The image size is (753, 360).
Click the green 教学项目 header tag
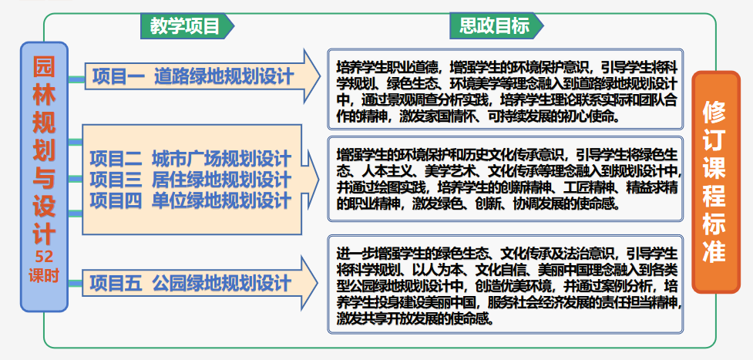(185, 26)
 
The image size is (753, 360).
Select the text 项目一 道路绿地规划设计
(193, 76)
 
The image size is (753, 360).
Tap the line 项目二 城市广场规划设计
(190, 160)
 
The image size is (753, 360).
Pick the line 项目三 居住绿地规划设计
(190, 180)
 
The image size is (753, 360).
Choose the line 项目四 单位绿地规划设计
(190, 200)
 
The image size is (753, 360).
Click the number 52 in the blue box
(44, 257)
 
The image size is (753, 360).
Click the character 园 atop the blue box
(44, 66)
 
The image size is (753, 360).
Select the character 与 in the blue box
(44, 177)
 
